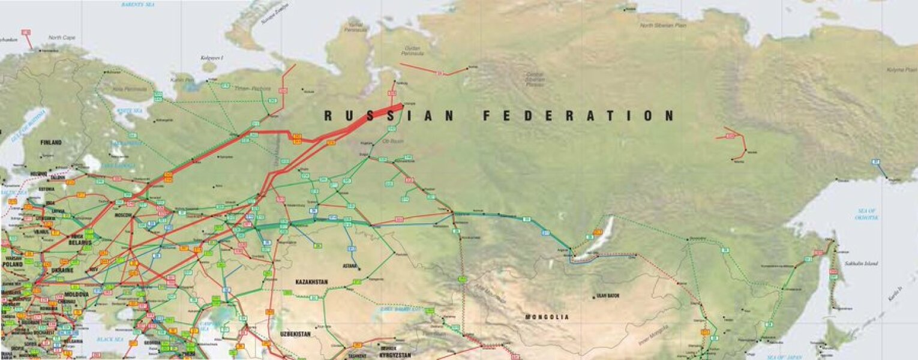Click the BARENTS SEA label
click(139, 4)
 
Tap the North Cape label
click(62, 37)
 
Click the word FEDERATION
click(578, 116)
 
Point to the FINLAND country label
click(51, 143)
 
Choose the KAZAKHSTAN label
click(311, 281)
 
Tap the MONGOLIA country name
click(547, 317)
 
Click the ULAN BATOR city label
click(607, 296)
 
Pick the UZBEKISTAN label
click(295, 334)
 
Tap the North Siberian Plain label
click(663, 25)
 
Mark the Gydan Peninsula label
click(412, 50)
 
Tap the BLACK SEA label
click(110, 339)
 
